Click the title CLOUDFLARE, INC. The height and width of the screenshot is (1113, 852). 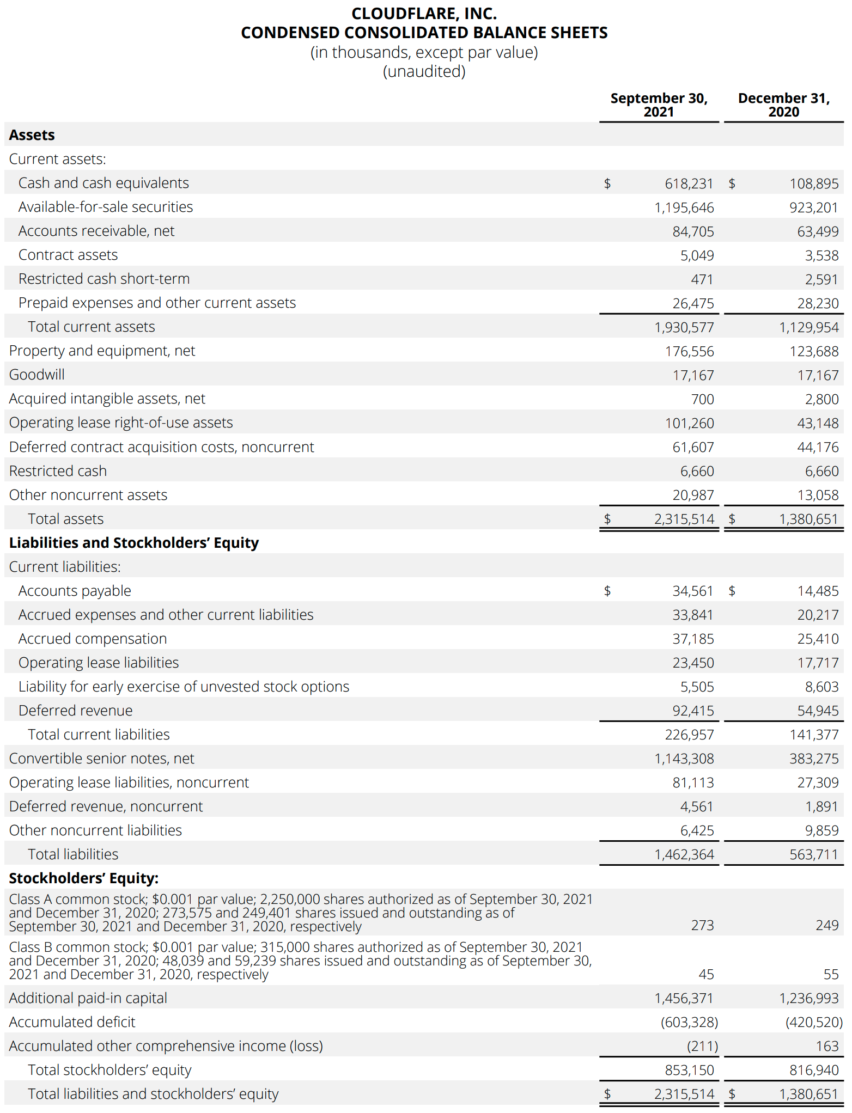424,13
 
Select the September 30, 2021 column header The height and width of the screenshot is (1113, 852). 659,105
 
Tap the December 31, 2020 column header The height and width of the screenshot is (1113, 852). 783,105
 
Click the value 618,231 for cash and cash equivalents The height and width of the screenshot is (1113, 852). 689,184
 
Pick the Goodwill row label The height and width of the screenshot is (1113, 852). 37,375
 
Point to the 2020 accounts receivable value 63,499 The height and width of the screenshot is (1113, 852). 818,231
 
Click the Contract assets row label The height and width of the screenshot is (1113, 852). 68,255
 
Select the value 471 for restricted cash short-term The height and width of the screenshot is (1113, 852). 702,279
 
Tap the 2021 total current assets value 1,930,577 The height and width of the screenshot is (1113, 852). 684,327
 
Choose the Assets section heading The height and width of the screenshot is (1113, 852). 32,135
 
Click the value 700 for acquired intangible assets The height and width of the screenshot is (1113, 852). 702,399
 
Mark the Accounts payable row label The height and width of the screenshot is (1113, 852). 75,591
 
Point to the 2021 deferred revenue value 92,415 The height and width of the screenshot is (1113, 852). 693,711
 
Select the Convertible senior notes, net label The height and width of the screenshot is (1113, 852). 102,759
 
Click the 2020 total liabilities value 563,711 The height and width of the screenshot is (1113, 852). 814,854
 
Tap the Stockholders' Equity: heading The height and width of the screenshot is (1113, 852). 84,878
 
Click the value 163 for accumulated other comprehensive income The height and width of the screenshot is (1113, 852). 827,1046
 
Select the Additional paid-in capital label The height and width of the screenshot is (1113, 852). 88,998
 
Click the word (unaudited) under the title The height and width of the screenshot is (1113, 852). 424,71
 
